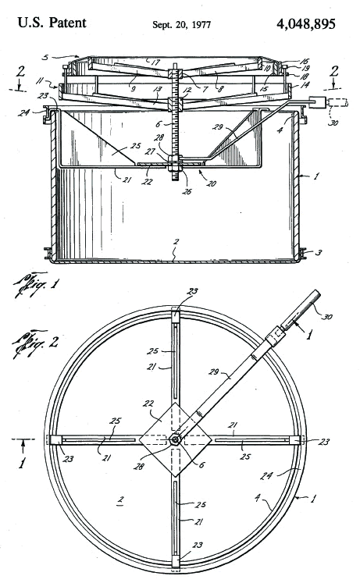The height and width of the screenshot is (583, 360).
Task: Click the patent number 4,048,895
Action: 306,23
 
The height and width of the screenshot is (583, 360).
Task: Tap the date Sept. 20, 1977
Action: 181,25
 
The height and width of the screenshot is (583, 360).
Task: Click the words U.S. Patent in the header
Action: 52,23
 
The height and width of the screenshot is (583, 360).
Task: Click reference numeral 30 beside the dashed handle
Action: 333,122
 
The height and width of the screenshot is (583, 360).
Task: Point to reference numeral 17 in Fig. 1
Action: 155,62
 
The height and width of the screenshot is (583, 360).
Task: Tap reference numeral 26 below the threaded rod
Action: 187,191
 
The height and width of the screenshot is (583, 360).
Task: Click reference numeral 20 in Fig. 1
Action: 211,183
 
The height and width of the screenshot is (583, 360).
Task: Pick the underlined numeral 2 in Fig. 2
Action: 119,500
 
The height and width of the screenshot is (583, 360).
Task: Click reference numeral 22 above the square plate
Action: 149,403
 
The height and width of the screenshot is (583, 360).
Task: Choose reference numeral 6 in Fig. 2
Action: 201,465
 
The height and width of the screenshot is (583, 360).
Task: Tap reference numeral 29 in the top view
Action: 214,371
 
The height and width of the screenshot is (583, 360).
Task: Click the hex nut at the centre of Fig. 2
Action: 175,439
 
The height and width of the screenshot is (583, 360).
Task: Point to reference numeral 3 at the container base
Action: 319,252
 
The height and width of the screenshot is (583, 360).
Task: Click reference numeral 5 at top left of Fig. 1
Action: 45,58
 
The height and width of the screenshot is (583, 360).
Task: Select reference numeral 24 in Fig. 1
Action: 23,112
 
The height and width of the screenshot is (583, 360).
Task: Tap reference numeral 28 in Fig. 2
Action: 138,466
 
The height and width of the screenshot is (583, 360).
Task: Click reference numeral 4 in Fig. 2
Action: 257,497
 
